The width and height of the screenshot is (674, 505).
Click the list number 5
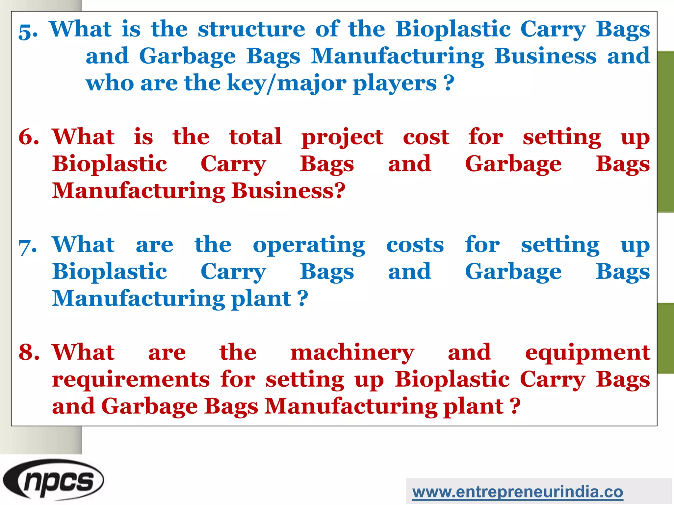(x=28, y=31)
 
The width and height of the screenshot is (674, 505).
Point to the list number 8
(x=29, y=352)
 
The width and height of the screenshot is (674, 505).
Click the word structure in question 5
(x=251, y=29)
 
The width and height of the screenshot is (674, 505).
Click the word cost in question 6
(x=426, y=137)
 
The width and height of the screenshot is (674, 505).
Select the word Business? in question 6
(x=288, y=191)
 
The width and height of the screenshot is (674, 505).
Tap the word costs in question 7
(x=415, y=245)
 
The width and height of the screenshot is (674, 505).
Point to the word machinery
(x=352, y=353)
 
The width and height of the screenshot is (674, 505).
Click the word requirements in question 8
(x=131, y=379)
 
